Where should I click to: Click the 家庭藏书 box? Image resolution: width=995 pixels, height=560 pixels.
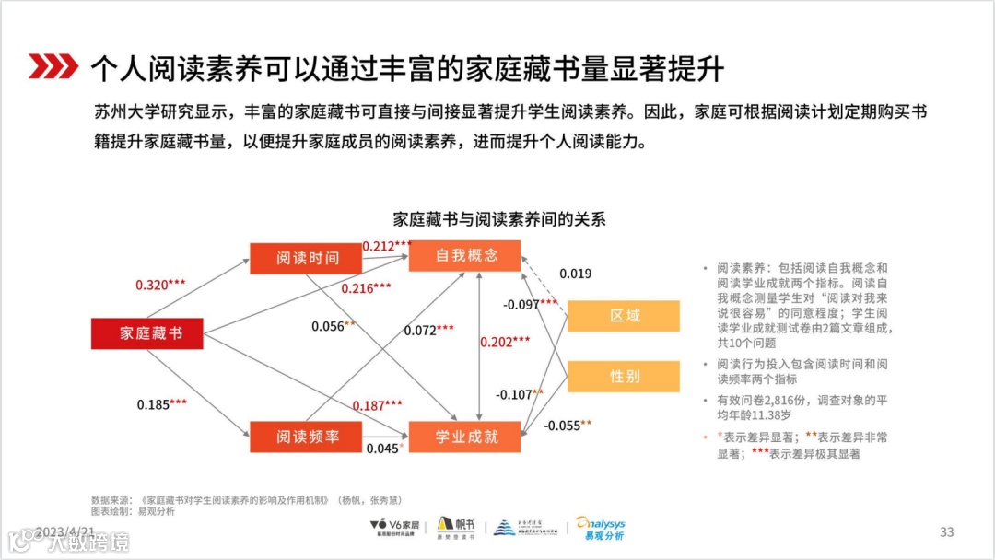tap(147, 333)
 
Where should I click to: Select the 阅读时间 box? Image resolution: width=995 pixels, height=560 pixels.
tap(307, 258)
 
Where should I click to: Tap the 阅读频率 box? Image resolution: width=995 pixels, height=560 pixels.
tap(307, 437)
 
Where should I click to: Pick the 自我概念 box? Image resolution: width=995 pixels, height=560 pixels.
tap(466, 256)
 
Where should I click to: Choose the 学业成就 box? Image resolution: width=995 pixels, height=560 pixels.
tap(466, 437)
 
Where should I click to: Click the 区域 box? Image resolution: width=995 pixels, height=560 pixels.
tap(624, 316)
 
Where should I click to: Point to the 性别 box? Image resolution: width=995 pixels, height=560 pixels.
tap(624, 376)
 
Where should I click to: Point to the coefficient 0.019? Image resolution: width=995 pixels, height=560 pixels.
tap(575, 274)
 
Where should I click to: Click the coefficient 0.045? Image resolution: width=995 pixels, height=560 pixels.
tap(382, 449)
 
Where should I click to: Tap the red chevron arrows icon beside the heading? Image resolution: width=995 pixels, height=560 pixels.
tap(53, 66)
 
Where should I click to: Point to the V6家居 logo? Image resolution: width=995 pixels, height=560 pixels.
tap(394, 528)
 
